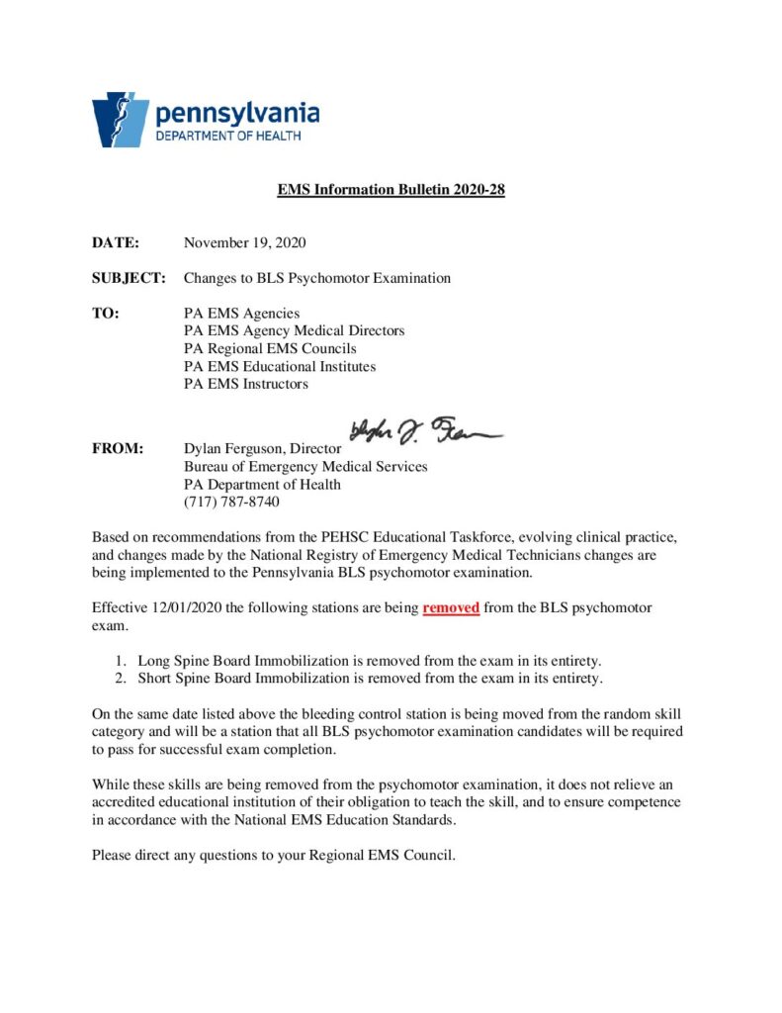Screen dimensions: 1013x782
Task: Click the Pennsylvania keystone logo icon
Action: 120,120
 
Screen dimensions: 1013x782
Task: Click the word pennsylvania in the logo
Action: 236,112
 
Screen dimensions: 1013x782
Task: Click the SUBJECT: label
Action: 129,278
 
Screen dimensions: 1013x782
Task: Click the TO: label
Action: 106,314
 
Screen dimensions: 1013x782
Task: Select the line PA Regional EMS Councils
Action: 270,349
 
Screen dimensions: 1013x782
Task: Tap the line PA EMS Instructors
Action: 246,384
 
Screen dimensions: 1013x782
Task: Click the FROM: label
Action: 119,448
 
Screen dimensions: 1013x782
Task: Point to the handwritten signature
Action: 424,430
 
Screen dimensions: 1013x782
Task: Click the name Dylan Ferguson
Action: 232,448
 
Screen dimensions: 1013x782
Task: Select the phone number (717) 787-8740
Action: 231,502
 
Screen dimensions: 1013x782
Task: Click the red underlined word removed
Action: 451,607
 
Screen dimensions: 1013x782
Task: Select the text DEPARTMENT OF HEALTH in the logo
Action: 228,136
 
